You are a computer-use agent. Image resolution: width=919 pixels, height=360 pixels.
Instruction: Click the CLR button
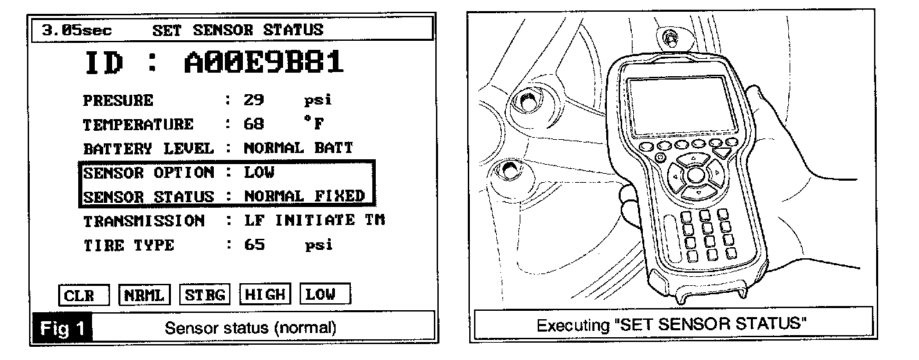(84, 295)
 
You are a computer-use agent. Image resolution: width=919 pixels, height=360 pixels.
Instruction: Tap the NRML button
(144, 295)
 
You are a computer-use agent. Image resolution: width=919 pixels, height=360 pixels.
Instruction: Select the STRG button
(205, 295)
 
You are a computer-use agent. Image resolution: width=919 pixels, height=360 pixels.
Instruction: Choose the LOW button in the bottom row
(325, 295)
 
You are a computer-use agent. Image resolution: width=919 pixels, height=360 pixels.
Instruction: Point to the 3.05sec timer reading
(76, 30)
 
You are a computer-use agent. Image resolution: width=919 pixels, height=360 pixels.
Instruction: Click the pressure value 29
(254, 100)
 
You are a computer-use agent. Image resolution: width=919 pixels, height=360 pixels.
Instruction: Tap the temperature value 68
(254, 125)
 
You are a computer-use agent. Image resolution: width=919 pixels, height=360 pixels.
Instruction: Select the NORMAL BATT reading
(298, 148)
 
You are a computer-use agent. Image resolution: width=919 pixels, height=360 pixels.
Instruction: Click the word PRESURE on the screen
(118, 100)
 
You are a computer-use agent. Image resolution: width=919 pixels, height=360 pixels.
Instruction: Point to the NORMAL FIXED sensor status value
(304, 196)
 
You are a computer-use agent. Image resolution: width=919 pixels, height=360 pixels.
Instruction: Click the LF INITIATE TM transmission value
(314, 221)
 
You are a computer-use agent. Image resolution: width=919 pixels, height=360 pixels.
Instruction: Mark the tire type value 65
(254, 245)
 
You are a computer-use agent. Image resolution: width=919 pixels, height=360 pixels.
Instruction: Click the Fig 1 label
(62, 327)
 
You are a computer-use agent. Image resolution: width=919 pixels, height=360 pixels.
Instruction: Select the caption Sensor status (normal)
(251, 327)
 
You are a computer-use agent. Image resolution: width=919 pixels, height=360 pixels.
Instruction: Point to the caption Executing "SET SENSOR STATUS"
(673, 324)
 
